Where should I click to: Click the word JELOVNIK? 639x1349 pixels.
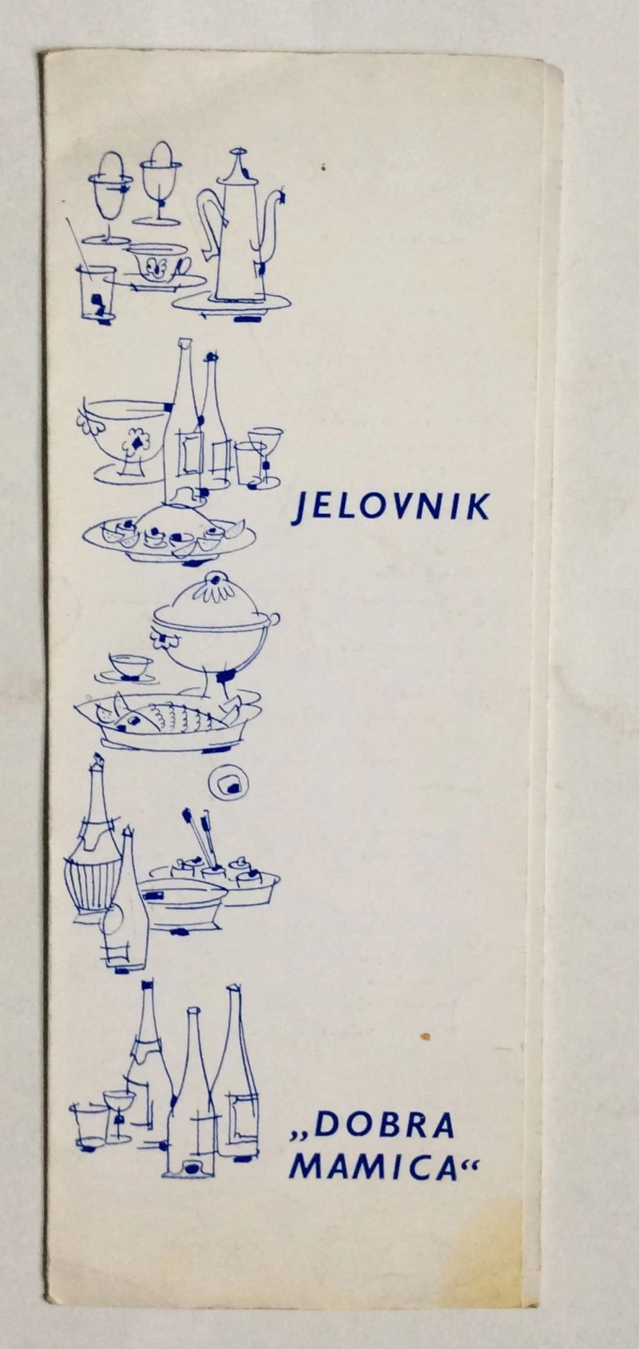(x=391, y=508)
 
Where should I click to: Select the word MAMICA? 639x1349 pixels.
(x=373, y=1169)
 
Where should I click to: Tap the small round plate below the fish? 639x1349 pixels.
(x=229, y=783)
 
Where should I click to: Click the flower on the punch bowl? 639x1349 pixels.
(x=136, y=442)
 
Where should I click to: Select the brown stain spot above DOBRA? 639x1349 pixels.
(x=426, y=1037)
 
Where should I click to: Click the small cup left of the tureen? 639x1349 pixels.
(x=130, y=665)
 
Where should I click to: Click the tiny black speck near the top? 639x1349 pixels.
(x=323, y=168)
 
